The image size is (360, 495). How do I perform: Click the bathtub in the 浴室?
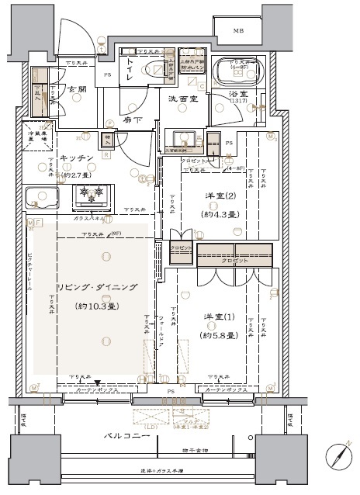tap(243, 71)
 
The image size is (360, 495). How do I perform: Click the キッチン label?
tap(77, 157)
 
